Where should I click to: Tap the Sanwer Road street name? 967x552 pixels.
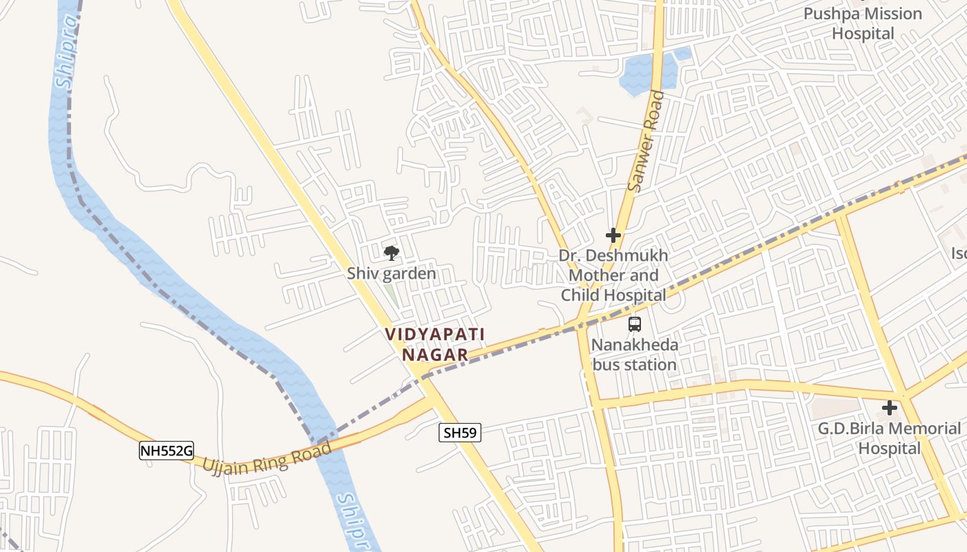645,141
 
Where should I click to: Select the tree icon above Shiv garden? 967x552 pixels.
392,253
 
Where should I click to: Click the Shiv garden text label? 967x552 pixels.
392,274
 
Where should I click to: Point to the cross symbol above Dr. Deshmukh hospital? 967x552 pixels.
613,235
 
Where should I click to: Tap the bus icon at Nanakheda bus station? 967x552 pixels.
635,324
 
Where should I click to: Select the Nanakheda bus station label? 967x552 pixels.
635,355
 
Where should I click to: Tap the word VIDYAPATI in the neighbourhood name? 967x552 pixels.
434,335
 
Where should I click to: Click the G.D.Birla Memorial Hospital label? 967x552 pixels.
889,438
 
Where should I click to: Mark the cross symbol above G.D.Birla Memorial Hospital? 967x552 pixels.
890,408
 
